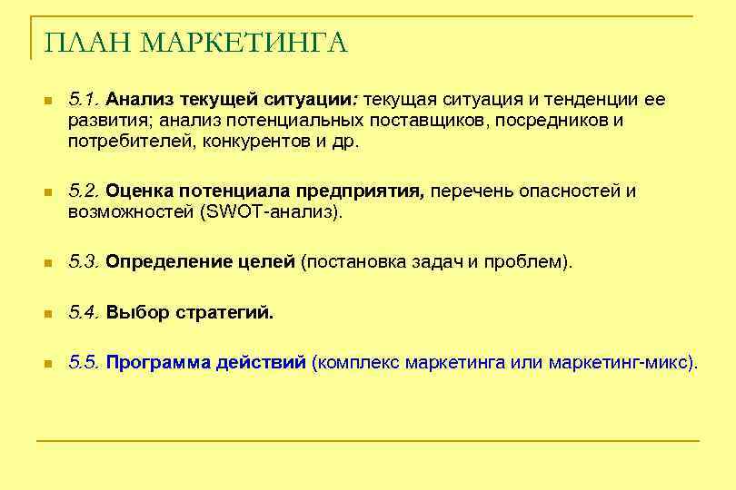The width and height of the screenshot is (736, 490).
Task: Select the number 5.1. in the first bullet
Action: tap(85, 98)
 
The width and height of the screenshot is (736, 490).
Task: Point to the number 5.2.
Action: tap(85, 191)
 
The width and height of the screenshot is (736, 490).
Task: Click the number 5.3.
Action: tap(85, 262)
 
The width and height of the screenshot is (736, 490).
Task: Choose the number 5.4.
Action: tap(85, 313)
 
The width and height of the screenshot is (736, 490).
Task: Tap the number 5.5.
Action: tap(85, 363)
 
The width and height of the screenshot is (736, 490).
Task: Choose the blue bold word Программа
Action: tap(158, 363)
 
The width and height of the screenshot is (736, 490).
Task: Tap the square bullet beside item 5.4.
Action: tap(48, 314)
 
